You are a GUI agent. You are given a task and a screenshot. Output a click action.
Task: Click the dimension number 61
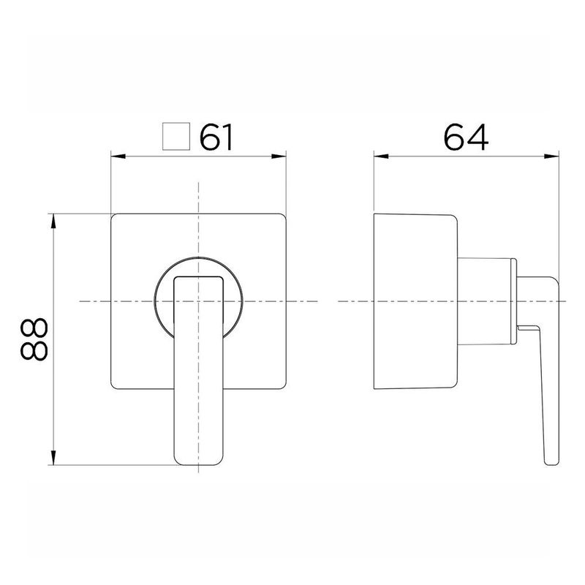tap(216, 137)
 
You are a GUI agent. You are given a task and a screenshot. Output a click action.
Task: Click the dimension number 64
tap(466, 137)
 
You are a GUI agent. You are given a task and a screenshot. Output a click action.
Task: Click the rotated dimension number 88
tap(34, 339)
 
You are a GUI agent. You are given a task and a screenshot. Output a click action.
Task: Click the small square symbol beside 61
tap(176, 136)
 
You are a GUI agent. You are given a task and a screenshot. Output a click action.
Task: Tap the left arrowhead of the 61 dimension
tap(118, 156)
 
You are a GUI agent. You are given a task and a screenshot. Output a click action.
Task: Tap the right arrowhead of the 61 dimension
tap(279, 156)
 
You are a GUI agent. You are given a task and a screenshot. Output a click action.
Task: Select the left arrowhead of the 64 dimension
tap(381, 156)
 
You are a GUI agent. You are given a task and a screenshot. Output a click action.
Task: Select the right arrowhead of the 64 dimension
tap(551, 156)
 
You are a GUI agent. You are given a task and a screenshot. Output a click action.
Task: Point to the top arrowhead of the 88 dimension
tap(53, 222)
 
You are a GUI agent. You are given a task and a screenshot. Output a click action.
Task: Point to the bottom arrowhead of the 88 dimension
tap(53, 458)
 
